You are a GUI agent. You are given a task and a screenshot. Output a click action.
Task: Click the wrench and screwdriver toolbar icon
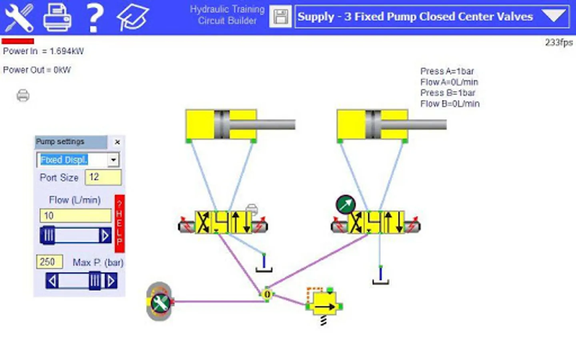click(19, 18)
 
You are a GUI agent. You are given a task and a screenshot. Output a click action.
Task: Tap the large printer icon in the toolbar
click(57, 18)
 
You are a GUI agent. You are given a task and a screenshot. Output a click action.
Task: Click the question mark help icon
click(95, 18)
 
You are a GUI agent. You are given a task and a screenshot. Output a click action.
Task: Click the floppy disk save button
click(280, 16)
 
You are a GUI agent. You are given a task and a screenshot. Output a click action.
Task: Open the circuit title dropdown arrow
click(554, 16)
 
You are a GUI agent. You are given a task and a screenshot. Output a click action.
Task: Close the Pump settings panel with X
click(117, 142)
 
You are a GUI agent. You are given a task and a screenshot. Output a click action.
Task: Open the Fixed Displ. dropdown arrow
click(113, 160)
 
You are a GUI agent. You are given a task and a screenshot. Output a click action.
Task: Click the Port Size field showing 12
click(103, 177)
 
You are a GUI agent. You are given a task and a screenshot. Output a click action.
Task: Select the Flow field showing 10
click(75, 216)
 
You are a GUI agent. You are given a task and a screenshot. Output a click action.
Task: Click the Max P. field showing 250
click(49, 262)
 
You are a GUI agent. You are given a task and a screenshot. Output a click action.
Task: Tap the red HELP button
click(120, 224)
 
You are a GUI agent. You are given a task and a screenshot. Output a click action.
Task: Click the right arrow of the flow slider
click(105, 235)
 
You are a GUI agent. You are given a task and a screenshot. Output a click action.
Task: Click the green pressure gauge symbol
click(346, 205)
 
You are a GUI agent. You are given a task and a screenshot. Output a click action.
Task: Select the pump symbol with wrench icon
click(160, 302)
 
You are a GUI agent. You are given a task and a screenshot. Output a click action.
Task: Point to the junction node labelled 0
click(267, 294)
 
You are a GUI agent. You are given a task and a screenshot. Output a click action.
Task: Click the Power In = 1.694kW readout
click(43, 51)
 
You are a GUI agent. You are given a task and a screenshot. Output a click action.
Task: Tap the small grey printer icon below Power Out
click(23, 96)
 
